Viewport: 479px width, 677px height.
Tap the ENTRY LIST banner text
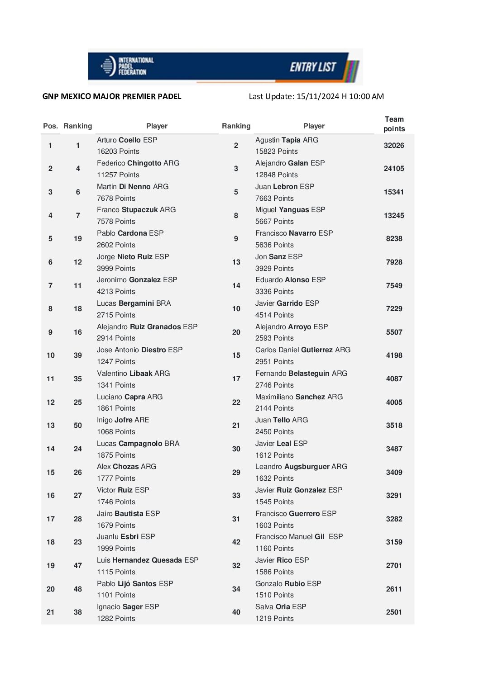(313, 67)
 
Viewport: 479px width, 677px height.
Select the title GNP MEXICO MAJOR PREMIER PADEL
(112, 96)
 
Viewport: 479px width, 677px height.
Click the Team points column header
(394, 124)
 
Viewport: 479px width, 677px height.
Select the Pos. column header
(50, 126)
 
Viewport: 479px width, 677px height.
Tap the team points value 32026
(394, 146)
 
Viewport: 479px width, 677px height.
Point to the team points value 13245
(394, 216)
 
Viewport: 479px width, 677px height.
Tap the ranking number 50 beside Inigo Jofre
(78, 426)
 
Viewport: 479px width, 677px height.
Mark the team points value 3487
(394, 449)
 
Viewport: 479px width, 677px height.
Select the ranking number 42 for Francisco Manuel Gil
(236, 542)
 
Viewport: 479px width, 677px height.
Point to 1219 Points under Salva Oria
(274, 619)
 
